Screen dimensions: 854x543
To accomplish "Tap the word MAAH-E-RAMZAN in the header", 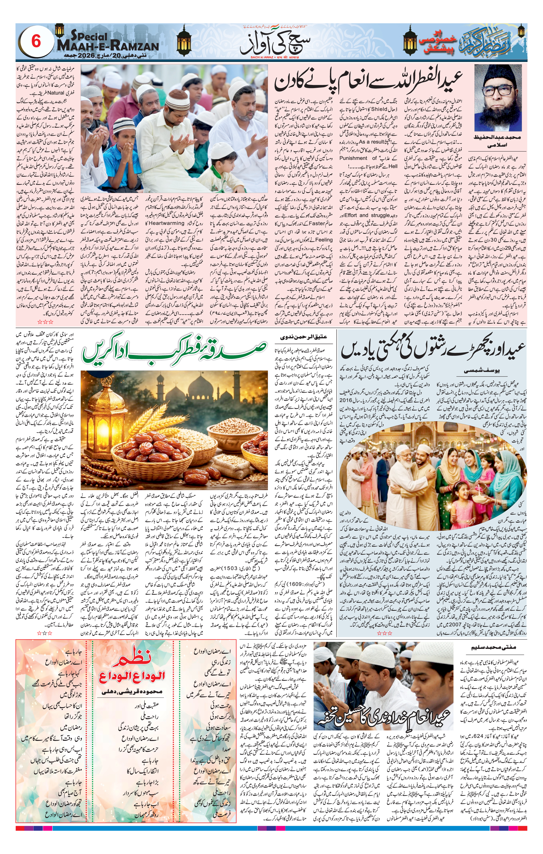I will (x=108, y=46).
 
